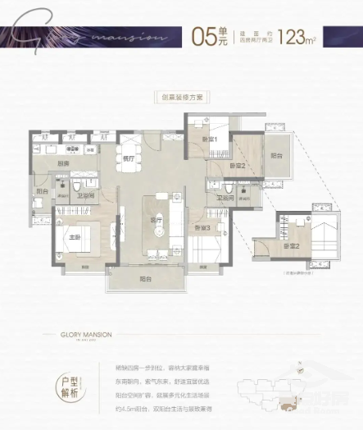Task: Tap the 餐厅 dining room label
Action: (x=128, y=158)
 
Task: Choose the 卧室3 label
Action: (x=203, y=227)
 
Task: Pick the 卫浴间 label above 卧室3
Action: (x=226, y=198)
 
